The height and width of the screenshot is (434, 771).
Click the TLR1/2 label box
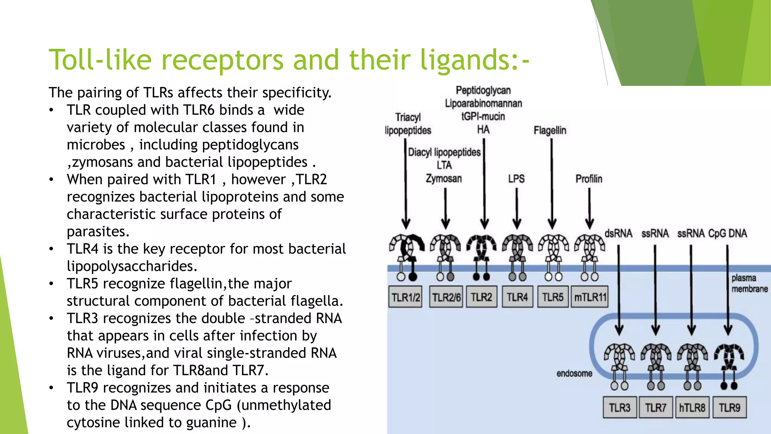405,297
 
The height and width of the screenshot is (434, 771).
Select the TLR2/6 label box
446,297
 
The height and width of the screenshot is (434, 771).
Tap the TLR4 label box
517,297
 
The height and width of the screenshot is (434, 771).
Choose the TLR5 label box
553,297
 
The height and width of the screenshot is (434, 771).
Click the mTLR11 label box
590,297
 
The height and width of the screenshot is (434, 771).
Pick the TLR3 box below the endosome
620,407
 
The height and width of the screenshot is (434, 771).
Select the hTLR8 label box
692,407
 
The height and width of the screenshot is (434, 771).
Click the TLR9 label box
729,407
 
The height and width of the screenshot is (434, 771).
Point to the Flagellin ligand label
550,130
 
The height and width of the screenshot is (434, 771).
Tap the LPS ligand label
516,179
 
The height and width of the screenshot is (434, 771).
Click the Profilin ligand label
589,179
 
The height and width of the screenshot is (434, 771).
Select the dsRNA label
619,234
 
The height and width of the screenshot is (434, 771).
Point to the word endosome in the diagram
574,373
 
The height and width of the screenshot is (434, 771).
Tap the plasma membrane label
749,283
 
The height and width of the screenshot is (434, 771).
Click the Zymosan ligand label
444,178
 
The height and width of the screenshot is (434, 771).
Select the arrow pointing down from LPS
517,207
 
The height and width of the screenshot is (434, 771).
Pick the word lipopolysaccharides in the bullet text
132,266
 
